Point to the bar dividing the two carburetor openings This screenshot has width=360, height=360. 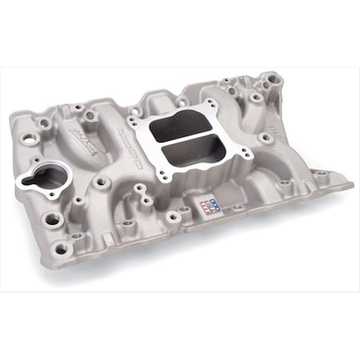[x=185, y=141]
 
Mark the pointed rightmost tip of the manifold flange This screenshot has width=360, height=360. [x=353, y=183]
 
